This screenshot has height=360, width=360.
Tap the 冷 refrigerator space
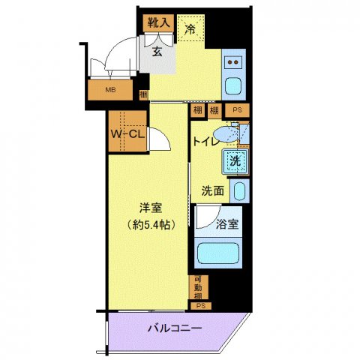tap(190, 30)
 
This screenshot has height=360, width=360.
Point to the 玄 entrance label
tap(159, 52)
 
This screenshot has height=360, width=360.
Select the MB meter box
tap(109, 91)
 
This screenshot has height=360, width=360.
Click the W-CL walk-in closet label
tap(128, 135)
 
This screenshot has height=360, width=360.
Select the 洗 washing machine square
tap(235, 159)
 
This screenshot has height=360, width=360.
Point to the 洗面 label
tap(212, 190)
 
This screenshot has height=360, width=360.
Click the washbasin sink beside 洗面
tap(238, 190)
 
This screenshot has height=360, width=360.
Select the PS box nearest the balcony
tap(200, 305)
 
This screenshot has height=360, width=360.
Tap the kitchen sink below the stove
tap(235, 85)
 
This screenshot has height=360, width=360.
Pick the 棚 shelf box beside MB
tap(143, 95)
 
